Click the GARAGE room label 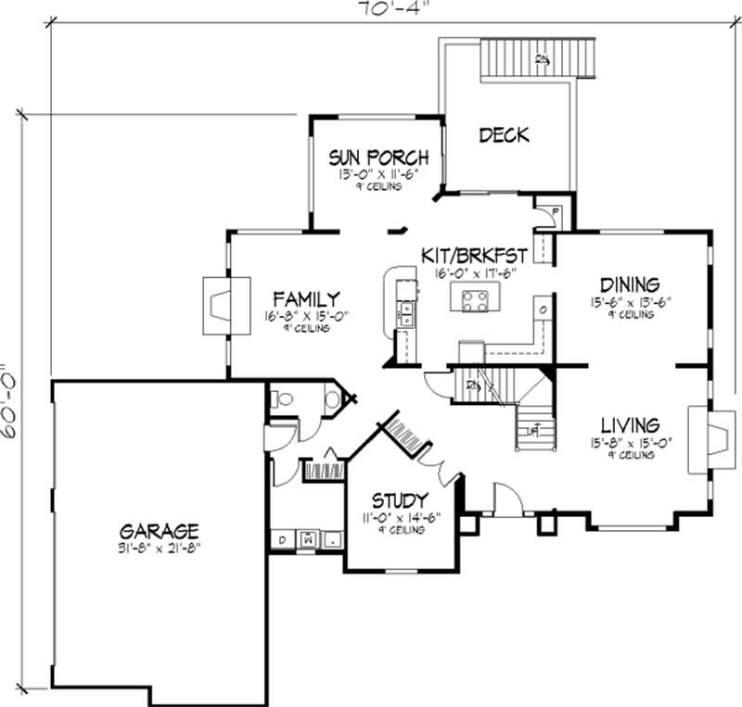159,531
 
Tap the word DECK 504,135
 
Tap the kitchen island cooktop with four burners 475,299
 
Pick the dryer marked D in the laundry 281,538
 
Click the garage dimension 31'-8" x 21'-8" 160,548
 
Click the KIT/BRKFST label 474,256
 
